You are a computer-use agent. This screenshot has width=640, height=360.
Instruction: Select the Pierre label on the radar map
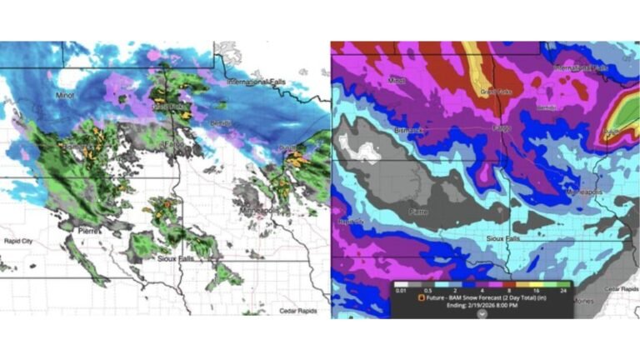(90, 228)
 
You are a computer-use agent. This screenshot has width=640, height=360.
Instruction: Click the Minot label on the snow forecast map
(397, 81)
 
